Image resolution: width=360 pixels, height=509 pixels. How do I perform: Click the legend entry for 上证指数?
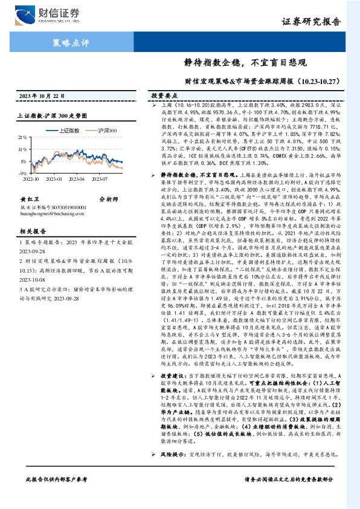[66, 129]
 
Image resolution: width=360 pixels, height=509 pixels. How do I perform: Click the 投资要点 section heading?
[164, 96]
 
